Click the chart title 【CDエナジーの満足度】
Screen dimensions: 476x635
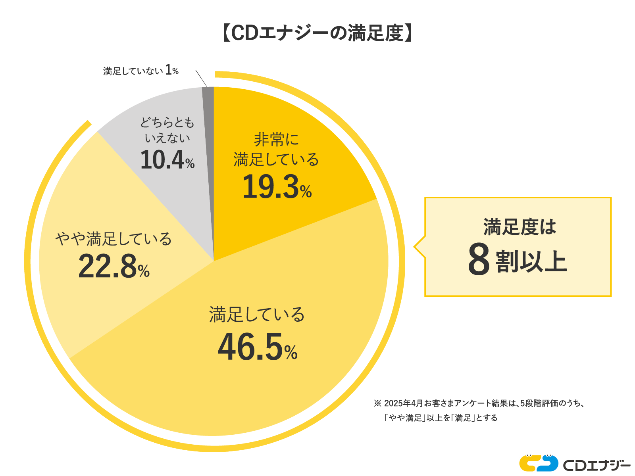coord(317,33)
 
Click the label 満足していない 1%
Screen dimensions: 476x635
coord(140,71)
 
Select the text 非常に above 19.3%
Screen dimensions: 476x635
coord(276,140)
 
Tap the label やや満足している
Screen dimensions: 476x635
coord(114,239)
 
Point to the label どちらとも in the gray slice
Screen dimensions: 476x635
coord(167,123)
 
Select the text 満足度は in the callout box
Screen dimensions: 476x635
coord(520,227)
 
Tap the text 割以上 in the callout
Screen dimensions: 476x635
coord(531,261)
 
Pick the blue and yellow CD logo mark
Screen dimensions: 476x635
coord(538,463)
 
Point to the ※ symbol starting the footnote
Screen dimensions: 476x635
coord(377,403)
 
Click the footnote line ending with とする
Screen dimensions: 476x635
coord(441,418)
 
